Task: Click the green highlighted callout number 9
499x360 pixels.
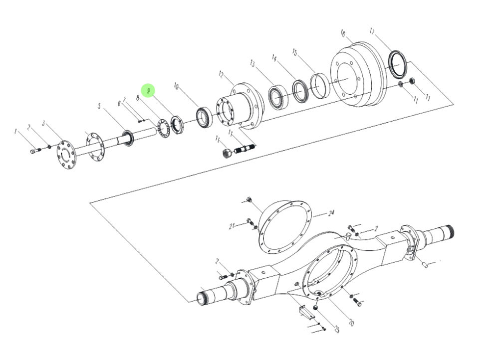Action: point(148,91)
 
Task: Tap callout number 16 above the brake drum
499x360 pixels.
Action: point(343,33)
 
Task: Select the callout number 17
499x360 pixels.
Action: point(372,31)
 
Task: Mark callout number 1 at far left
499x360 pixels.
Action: point(16,132)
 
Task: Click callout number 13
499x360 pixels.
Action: point(252,63)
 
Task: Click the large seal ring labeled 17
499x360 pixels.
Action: point(398,64)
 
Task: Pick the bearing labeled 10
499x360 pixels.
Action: point(204,118)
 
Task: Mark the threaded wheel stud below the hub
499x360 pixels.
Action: point(246,148)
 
